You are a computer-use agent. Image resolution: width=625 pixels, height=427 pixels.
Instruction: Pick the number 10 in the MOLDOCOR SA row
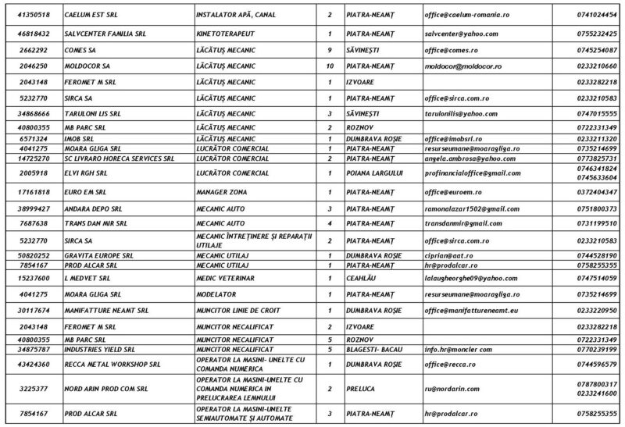coord(330,66)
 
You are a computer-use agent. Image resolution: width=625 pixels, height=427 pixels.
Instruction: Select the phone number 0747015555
coord(595,113)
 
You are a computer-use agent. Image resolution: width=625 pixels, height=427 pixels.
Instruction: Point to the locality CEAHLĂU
coord(362,277)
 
